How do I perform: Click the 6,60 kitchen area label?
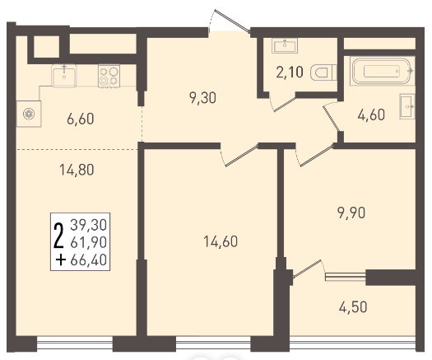coord(81,119)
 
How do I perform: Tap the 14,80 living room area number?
coord(77,170)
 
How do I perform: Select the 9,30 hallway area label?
coord(202,98)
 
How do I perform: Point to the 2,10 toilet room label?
coord(290,72)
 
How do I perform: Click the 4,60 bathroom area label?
coord(371,115)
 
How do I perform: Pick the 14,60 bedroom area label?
coord(221,241)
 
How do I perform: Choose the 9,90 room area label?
coord(351,213)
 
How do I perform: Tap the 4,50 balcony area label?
coord(353,307)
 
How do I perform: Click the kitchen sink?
coord(64,76)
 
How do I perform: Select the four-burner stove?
coord(109,76)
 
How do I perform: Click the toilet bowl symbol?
coord(323,72)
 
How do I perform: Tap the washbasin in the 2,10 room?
coord(285,46)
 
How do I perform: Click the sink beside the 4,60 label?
coord(407,106)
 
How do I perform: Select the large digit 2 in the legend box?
coord(58,236)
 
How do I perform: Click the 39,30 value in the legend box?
coord(88,225)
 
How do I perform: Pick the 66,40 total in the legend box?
coord(88,260)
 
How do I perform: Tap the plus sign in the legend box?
coord(61,260)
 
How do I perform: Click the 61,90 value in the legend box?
coord(88,242)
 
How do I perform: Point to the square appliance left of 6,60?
coord(29,114)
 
